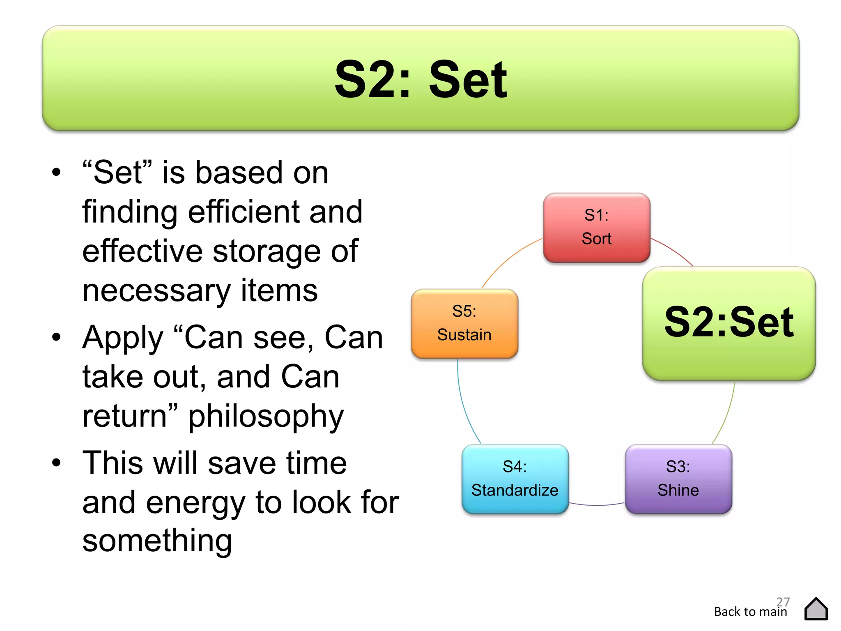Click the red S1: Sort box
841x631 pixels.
click(596, 227)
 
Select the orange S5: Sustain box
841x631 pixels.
click(464, 323)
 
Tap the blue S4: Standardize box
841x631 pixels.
click(515, 479)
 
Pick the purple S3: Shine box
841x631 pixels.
click(678, 479)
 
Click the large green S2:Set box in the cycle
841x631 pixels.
click(729, 323)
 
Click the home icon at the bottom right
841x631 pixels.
click(816, 609)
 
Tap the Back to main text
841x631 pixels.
click(750, 612)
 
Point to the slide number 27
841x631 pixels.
click(783, 601)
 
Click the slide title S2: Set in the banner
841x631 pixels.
click(420, 79)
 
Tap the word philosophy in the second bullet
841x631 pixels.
click(266, 417)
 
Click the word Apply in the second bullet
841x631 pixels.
click(123, 338)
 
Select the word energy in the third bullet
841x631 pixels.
click(195, 502)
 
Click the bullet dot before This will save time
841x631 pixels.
click(56, 463)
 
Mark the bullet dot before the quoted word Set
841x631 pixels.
click(56, 172)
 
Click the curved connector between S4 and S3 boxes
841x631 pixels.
click(596, 505)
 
